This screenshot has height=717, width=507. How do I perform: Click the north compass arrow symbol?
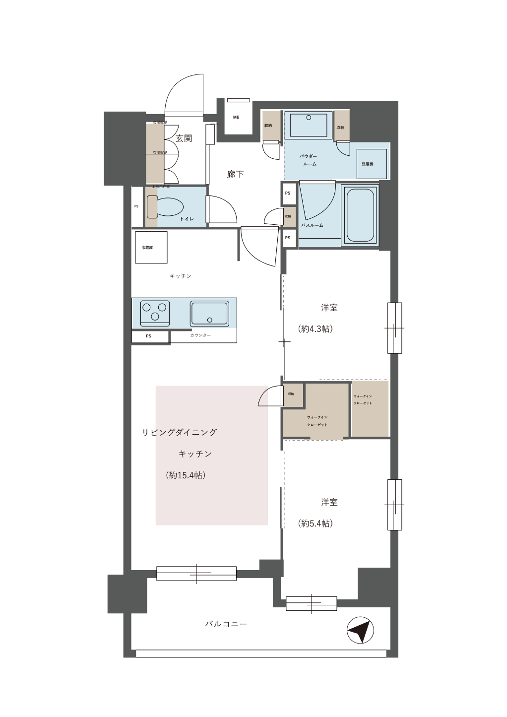(x=360, y=630)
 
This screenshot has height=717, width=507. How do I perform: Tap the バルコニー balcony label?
(x=226, y=624)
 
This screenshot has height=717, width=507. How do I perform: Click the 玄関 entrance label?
(x=184, y=138)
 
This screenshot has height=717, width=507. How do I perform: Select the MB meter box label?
(x=236, y=118)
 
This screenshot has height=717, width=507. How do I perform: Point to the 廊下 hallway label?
(x=235, y=174)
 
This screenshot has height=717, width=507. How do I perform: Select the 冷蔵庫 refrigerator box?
(x=151, y=247)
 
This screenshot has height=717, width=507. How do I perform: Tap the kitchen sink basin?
(x=209, y=313)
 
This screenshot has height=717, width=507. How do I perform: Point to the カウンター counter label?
(x=200, y=336)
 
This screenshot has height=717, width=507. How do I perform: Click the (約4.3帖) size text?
(x=315, y=328)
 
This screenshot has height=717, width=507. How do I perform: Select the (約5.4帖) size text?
(x=315, y=523)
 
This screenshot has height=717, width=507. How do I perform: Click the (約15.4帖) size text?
(x=186, y=475)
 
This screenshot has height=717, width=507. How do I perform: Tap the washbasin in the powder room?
(x=308, y=124)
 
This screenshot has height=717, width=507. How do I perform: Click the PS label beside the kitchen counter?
(x=148, y=336)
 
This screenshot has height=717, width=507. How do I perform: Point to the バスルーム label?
(x=312, y=225)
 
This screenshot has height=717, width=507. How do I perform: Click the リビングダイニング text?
(x=180, y=432)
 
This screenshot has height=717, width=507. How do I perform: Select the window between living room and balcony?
(x=196, y=573)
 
